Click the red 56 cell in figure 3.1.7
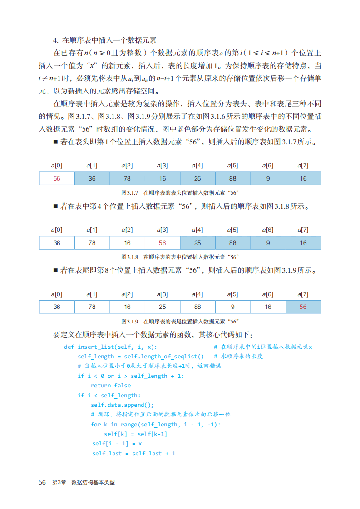(x=57, y=178)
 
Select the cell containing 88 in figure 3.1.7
(x=232, y=178)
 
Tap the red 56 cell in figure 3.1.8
(x=163, y=243)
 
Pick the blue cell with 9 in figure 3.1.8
(x=268, y=243)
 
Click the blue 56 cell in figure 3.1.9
(x=303, y=307)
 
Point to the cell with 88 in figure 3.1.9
(x=197, y=307)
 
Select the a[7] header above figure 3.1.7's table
(x=303, y=166)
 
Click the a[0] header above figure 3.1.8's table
(x=57, y=230)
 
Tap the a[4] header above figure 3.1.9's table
(x=197, y=294)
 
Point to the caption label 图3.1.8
(x=129, y=257)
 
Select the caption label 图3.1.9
(x=129, y=321)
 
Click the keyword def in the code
(x=69, y=347)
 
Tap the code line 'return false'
(x=110, y=386)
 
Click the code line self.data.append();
(x=123, y=405)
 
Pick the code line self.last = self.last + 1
(x=133, y=453)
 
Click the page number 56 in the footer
(x=42, y=482)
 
